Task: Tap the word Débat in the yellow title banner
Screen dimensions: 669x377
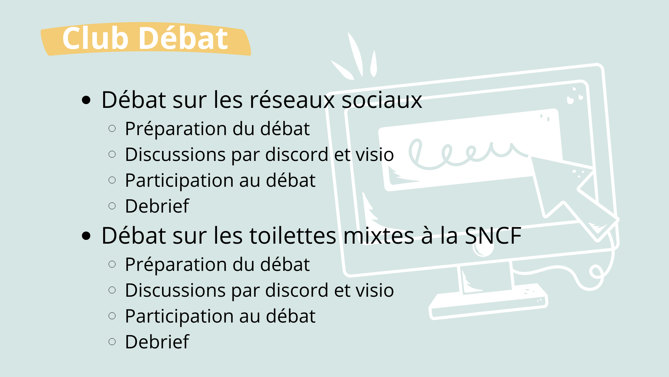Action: (184, 38)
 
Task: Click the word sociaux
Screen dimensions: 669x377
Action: (382, 100)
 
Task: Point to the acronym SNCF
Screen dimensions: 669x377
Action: (493, 236)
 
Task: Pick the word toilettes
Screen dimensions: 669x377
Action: (293, 235)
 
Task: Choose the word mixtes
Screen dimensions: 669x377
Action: (379, 236)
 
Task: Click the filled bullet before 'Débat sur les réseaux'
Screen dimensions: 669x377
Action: (86, 101)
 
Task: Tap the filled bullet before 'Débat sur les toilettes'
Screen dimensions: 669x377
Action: (86, 236)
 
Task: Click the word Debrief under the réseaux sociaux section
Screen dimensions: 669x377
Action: (157, 206)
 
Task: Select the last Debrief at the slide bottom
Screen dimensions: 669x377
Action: (157, 342)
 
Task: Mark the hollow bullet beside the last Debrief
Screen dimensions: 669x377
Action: (112, 342)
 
